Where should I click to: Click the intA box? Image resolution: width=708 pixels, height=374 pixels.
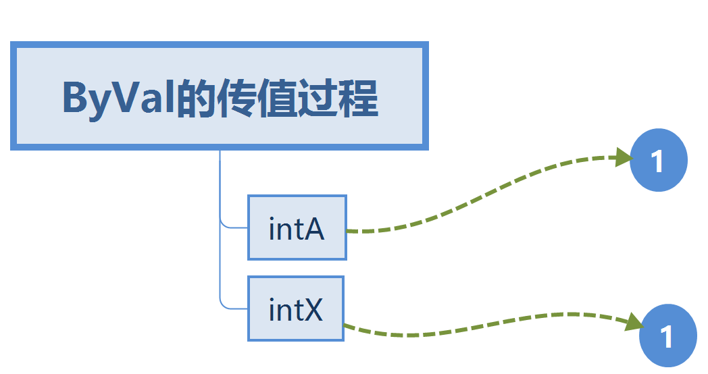(x=297, y=228)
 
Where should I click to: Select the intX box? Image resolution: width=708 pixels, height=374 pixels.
(x=295, y=309)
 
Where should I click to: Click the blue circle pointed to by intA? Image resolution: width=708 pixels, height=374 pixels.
(x=658, y=160)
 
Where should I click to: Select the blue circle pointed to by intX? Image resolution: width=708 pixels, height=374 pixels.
(x=667, y=336)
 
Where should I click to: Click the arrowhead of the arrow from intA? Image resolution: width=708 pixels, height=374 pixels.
(x=622, y=159)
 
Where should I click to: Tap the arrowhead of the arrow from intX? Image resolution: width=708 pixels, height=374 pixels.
(x=632, y=323)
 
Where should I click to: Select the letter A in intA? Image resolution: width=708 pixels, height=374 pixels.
(x=315, y=230)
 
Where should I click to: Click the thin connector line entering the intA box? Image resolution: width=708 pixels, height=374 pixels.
(x=233, y=228)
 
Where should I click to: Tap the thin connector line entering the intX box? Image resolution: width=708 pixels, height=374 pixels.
(x=233, y=309)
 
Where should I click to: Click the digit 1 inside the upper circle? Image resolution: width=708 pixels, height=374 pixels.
(x=657, y=161)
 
